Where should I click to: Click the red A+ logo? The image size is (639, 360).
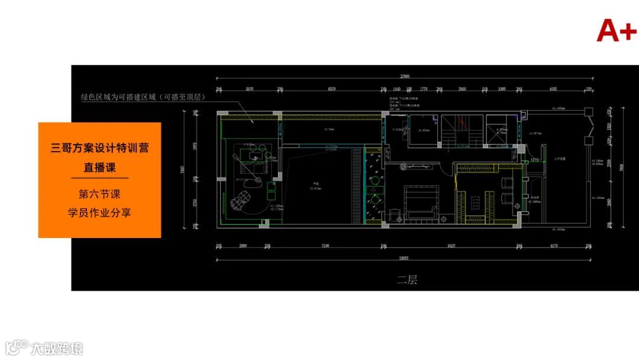click(x=616, y=30)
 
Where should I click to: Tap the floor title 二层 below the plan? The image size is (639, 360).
click(x=407, y=280)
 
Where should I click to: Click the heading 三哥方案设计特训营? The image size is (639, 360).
click(x=99, y=147)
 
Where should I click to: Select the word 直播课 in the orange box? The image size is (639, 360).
click(x=99, y=168)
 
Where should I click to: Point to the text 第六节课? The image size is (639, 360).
click(x=99, y=194)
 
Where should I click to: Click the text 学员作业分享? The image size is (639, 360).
click(x=99, y=212)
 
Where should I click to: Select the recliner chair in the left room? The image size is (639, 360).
click(x=241, y=201)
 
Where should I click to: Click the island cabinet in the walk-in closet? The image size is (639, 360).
click(x=477, y=202)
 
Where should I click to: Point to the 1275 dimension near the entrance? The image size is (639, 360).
click(x=534, y=160)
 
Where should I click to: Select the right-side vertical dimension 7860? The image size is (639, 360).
click(x=621, y=168)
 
